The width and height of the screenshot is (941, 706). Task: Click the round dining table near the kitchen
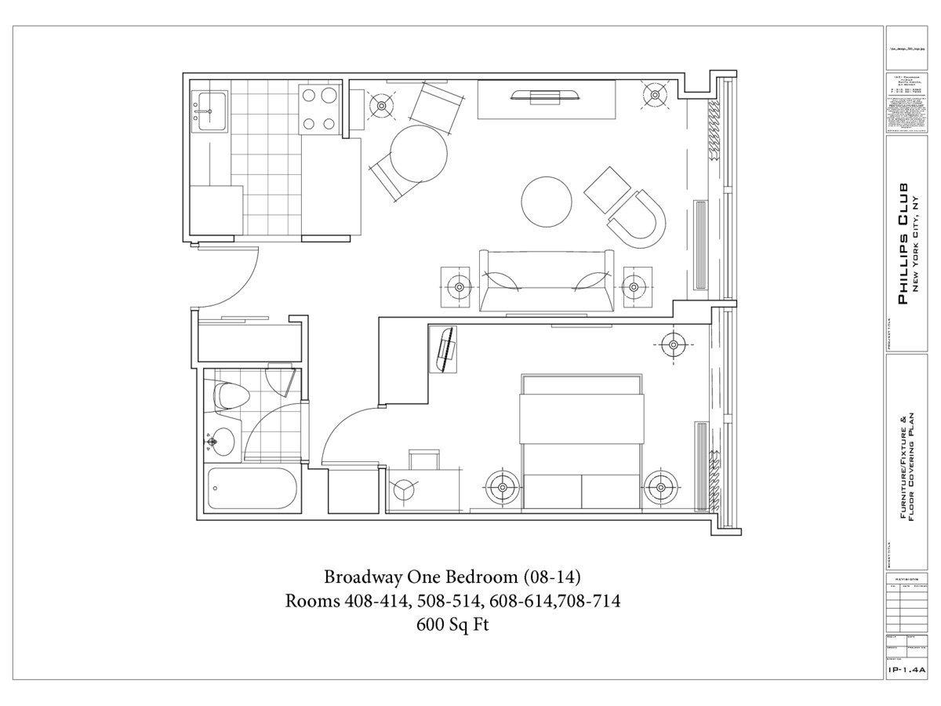tap(419, 154)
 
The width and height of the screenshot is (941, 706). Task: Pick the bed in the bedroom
tap(582, 443)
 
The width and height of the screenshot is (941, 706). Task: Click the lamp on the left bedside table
tap(501, 488)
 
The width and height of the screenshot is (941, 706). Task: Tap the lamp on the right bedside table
tap(660, 488)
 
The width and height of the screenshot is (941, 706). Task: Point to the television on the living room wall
tap(546, 96)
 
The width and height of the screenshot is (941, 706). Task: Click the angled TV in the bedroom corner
tap(446, 350)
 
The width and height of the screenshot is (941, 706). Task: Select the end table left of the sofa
tap(456, 286)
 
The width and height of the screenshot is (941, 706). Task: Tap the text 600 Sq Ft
tap(452, 626)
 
